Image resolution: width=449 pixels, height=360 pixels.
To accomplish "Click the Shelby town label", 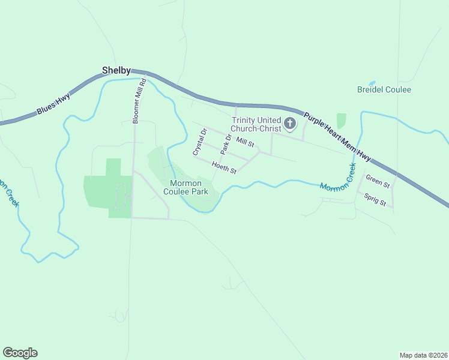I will (116, 70).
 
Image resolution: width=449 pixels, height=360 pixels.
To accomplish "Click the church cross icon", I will (289, 124).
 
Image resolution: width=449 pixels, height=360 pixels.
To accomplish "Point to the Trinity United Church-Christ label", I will (256, 124).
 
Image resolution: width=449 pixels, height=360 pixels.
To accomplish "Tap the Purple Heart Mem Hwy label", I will (337, 136).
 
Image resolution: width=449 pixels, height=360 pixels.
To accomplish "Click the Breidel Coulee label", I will (384, 89).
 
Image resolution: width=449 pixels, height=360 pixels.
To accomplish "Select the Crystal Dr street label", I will (199, 142).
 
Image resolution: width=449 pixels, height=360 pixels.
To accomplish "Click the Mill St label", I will (246, 142).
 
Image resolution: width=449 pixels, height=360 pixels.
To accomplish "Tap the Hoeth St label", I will (224, 167).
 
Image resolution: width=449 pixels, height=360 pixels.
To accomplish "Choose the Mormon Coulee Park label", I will (189, 187).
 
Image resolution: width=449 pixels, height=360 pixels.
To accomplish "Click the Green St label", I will (378, 180).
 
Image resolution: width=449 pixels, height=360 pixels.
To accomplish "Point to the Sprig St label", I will (375, 199).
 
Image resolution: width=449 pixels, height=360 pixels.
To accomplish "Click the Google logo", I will (20, 353).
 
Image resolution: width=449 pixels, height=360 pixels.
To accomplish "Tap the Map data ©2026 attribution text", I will (423, 355).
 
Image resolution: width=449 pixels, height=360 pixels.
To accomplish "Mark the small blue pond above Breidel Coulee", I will (372, 83).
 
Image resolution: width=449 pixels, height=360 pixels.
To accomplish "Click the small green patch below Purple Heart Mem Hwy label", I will (341, 121).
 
